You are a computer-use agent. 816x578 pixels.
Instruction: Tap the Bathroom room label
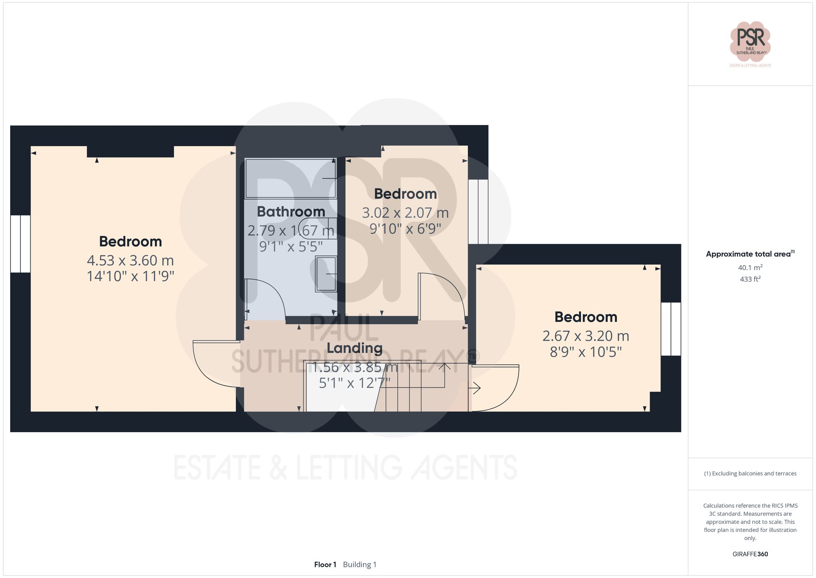tap(291, 212)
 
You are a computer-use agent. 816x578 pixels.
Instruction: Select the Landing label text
tap(355, 348)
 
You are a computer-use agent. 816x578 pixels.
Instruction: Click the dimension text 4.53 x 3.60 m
tap(130, 260)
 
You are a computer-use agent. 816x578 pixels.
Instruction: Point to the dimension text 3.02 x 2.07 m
tap(405, 213)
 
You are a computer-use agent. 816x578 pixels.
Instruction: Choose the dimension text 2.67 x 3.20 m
tap(585, 336)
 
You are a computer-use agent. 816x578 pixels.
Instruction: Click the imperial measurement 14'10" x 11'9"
tap(130, 277)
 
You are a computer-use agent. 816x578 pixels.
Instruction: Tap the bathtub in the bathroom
tap(290, 179)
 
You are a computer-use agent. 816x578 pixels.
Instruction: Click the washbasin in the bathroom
tap(326, 274)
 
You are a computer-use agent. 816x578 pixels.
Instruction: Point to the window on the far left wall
tap(20, 244)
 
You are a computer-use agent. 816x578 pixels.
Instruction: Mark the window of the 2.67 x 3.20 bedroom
tap(671, 329)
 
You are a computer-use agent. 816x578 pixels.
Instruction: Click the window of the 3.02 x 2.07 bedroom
tap(478, 212)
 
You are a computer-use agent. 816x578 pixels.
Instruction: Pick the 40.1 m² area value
tap(750, 268)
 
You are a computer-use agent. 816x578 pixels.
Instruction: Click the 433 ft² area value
tap(750, 279)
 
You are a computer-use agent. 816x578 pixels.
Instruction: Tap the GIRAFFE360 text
tap(750, 554)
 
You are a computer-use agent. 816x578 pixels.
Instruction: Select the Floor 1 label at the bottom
tap(325, 565)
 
